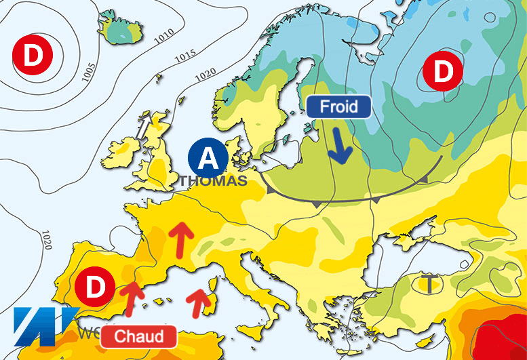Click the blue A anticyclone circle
[209, 158]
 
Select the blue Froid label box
[338, 107]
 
